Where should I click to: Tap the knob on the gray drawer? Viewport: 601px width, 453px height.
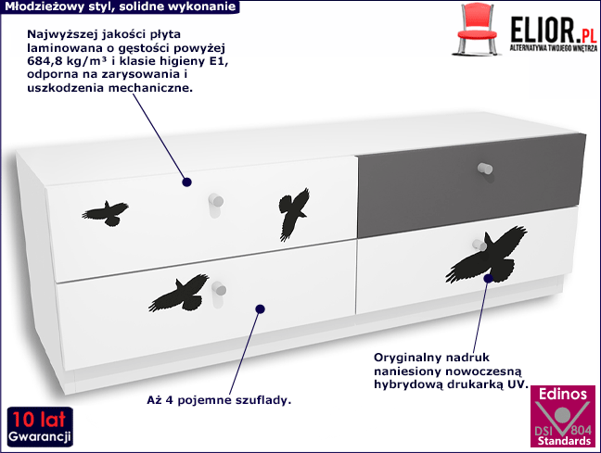[x=483, y=169]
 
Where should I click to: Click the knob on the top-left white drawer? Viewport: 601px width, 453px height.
[x=216, y=200]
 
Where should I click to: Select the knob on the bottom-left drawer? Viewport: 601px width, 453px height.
[x=221, y=288]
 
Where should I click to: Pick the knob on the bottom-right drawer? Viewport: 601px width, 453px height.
[x=483, y=242]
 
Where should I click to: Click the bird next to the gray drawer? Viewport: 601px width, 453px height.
[x=295, y=211]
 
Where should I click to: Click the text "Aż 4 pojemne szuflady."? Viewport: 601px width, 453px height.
[x=219, y=400]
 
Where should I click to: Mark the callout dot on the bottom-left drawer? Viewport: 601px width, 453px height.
[x=261, y=309]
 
